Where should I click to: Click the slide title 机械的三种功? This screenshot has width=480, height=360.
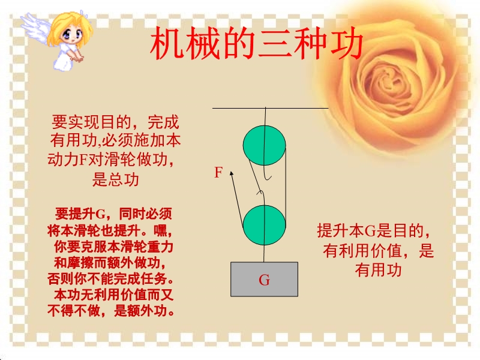[257, 43]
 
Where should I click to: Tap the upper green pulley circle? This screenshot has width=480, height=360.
[265, 145]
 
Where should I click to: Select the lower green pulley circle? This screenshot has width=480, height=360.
[265, 225]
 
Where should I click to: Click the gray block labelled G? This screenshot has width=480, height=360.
[264, 279]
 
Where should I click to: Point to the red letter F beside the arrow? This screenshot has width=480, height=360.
[218, 172]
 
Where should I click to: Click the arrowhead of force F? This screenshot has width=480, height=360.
[232, 173]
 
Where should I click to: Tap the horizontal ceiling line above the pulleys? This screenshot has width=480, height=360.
[271, 108]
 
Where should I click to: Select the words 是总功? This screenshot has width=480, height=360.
[116, 179]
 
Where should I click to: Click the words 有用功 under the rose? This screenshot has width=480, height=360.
[379, 270]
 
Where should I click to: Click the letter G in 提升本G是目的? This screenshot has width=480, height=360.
[370, 231]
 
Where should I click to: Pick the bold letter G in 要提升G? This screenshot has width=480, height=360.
[100, 214]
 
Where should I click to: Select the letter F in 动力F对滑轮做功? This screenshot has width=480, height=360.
[83, 160]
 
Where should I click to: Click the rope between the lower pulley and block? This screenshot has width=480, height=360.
[264, 253]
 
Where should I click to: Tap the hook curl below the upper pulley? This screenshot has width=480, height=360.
[267, 178]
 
